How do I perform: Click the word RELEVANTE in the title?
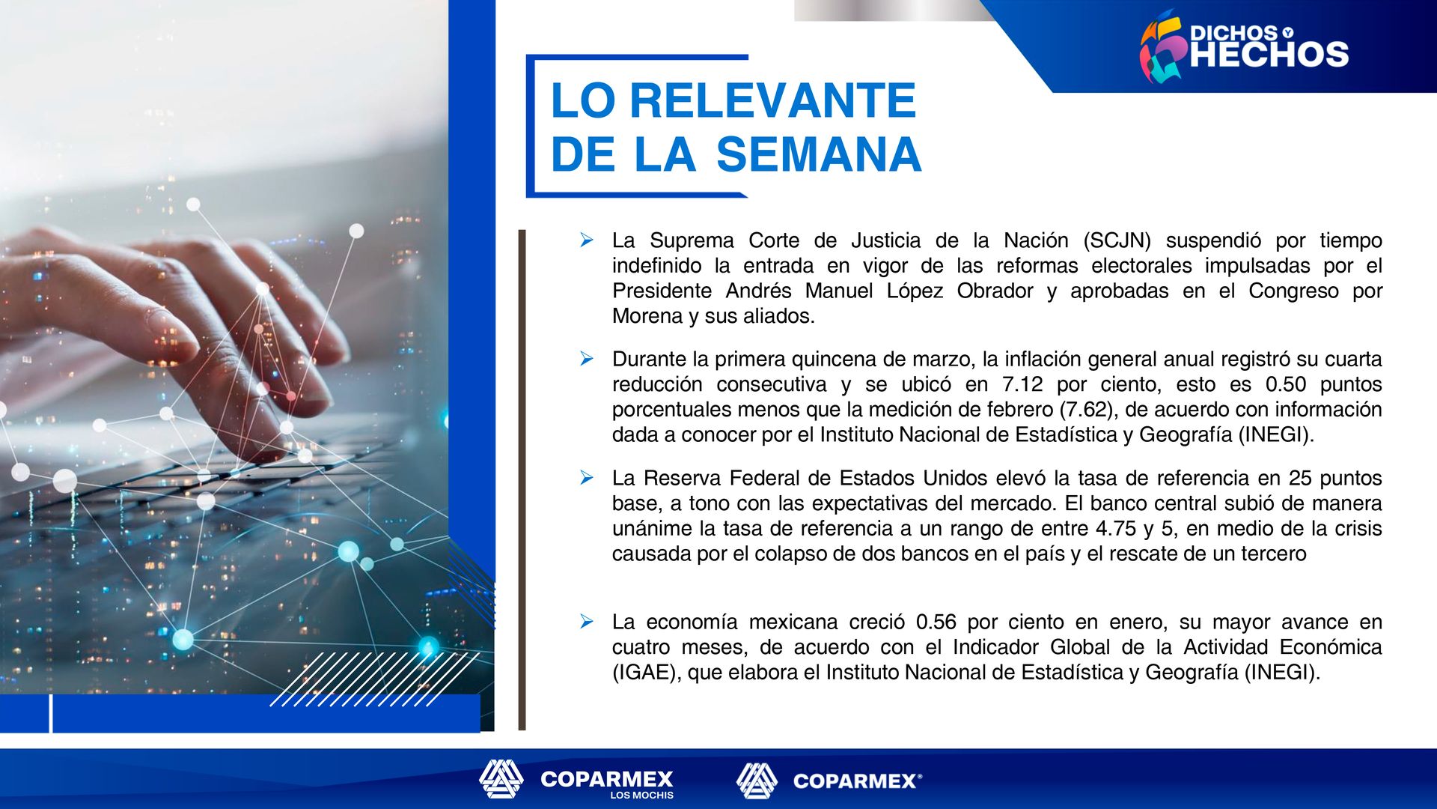(x=772, y=100)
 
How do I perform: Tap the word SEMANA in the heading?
(x=819, y=154)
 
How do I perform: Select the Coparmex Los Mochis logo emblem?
(x=501, y=779)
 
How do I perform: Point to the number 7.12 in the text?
(x=1022, y=384)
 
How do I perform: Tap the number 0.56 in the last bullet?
(x=936, y=622)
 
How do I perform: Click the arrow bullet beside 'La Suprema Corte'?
(x=587, y=240)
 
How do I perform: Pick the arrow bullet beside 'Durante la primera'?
(x=587, y=359)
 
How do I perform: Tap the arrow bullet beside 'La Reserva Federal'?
(x=587, y=477)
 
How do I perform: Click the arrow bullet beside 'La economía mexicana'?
(x=587, y=621)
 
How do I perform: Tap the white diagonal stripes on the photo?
(x=374, y=679)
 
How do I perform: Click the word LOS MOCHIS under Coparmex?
(x=641, y=796)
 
